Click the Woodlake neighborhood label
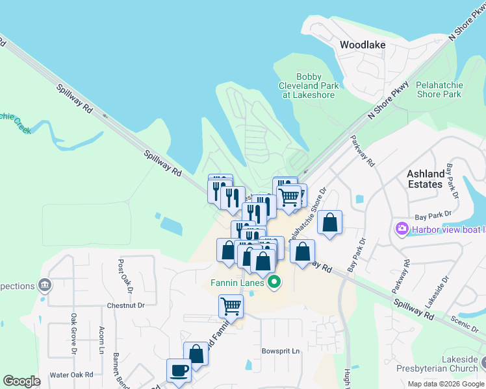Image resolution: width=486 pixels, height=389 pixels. tap(363, 45)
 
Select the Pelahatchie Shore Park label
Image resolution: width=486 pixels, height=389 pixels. tap(439, 89)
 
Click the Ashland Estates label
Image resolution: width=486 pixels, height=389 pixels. tap(426, 179)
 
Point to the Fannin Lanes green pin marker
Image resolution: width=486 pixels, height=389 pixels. tap(274, 282)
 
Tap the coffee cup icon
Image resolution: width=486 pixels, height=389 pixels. tap(179, 370)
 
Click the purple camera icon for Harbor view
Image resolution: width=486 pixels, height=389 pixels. tap(400, 228)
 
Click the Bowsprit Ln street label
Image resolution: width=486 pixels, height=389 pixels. tap(281, 351)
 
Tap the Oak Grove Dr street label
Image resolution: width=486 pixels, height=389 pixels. tap(73, 335)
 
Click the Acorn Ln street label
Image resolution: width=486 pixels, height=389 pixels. tap(101, 340)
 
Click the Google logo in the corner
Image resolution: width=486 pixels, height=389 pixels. tap(21, 381)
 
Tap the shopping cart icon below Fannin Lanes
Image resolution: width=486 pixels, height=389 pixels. tap(231, 306)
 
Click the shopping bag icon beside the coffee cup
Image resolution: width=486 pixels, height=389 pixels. tap(196, 354)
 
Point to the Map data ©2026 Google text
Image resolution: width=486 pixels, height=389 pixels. tap(446, 384)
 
